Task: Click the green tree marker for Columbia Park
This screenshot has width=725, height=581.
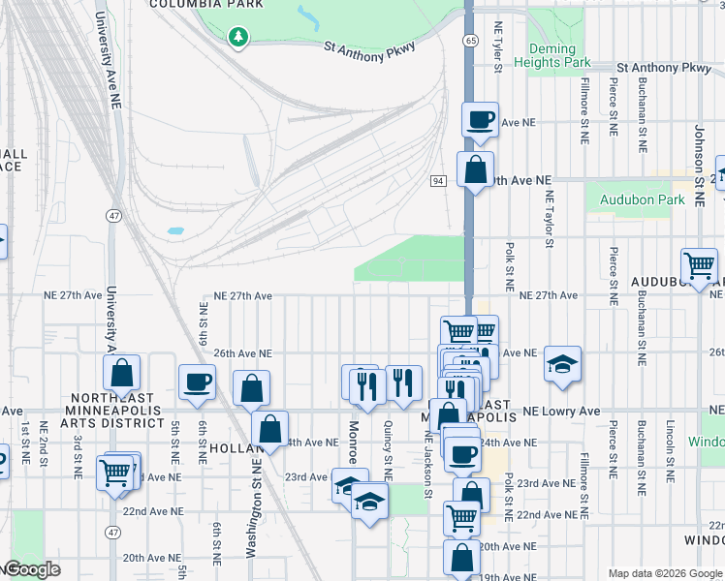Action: click(237, 37)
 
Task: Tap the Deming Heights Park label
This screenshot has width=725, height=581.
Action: click(559, 55)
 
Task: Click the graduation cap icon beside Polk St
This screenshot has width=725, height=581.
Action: click(562, 364)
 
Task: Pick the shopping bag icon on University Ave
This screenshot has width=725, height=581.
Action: click(122, 372)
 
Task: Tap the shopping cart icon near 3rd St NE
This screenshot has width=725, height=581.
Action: click(115, 472)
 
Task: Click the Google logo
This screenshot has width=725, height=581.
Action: click(31, 569)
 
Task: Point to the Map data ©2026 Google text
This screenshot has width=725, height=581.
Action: click(664, 573)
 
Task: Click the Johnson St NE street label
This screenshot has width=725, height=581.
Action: click(698, 150)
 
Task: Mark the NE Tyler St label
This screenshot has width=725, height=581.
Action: click(498, 47)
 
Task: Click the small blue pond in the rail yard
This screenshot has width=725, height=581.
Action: click(175, 231)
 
